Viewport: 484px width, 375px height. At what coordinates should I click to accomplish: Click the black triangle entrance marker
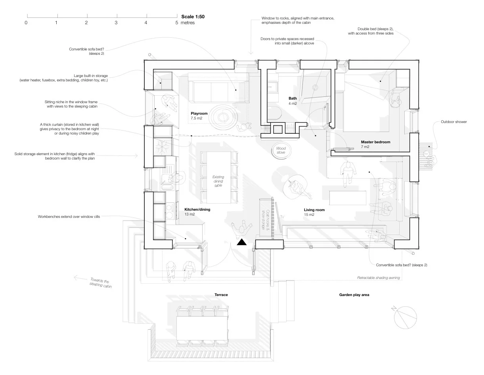click(x=241, y=242)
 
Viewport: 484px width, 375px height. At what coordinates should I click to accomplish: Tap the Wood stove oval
click(x=281, y=150)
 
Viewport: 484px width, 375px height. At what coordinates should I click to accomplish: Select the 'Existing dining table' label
click(x=218, y=181)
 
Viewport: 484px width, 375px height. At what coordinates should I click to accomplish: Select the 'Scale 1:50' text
click(x=193, y=17)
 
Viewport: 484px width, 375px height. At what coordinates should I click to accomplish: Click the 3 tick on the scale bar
click(x=116, y=23)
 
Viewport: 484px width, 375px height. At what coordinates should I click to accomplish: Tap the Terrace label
click(x=221, y=295)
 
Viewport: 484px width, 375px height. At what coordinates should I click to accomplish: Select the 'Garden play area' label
click(x=354, y=295)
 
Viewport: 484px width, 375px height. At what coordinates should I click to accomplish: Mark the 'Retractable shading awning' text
click(x=378, y=278)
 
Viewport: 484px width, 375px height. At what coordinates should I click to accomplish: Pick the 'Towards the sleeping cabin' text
click(x=99, y=283)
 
